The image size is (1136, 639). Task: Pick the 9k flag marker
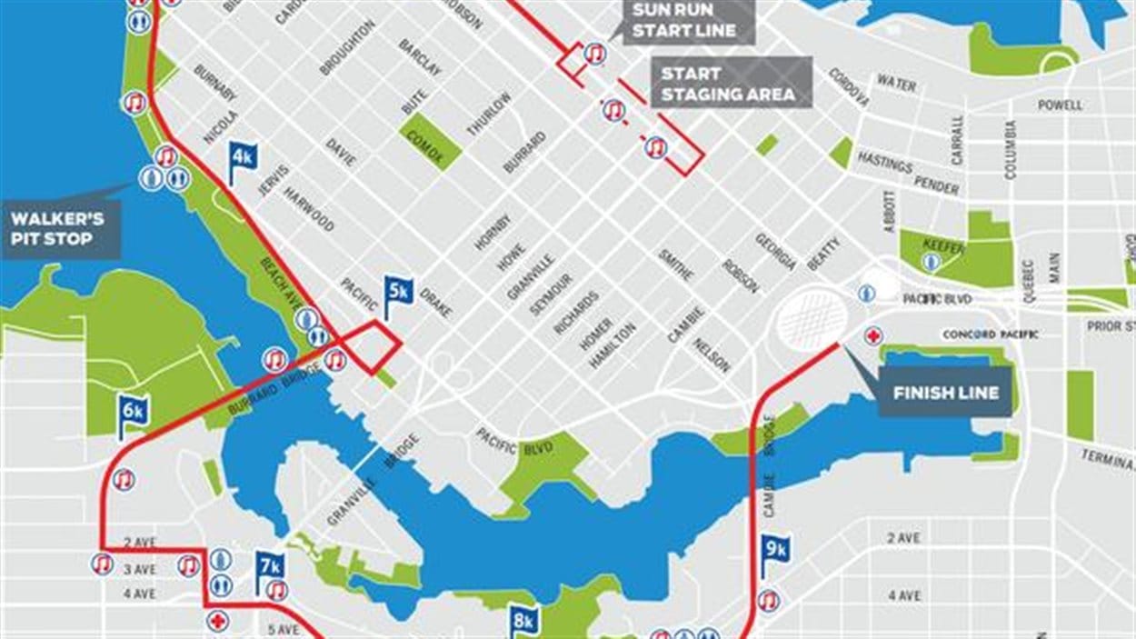pos(775,549)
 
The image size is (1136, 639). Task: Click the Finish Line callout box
pos(945,393)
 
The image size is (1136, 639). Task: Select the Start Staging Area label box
pos(728,84)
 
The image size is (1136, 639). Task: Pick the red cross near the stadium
pos(873,335)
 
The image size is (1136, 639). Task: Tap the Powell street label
pos(1060,105)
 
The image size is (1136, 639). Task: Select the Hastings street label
pos(884,165)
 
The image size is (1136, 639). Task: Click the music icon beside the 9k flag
pos(769,600)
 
